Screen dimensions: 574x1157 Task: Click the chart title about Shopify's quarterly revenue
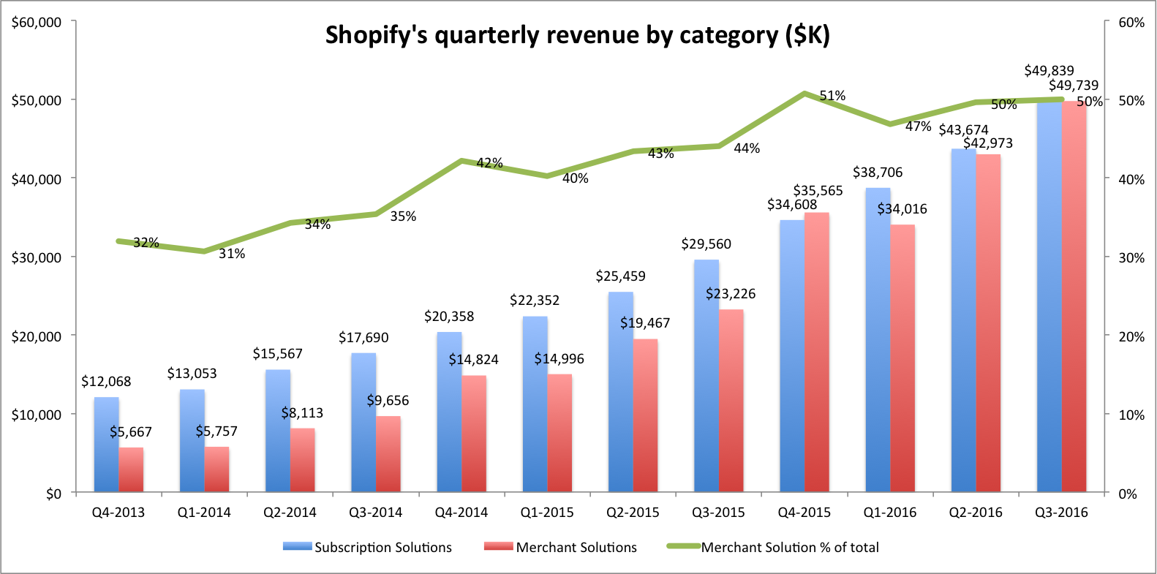point(577,35)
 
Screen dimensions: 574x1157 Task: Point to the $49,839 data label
point(1049,71)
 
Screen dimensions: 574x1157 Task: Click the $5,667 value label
point(131,432)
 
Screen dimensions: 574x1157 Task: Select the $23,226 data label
point(731,294)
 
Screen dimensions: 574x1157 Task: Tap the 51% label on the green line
point(832,96)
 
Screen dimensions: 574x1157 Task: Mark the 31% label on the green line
point(232,254)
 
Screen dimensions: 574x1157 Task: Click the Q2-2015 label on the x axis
point(633,513)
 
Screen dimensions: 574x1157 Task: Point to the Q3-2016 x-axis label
point(1061,513)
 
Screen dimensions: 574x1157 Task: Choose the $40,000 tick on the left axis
point(37,178)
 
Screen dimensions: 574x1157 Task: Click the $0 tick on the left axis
point(53,494)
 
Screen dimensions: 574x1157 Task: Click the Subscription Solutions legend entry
point(367,547)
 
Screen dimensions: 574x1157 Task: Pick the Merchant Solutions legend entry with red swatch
point(560,547)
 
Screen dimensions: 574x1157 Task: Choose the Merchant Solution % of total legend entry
point(773,547)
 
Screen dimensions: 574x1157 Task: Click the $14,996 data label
point(559,359)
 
